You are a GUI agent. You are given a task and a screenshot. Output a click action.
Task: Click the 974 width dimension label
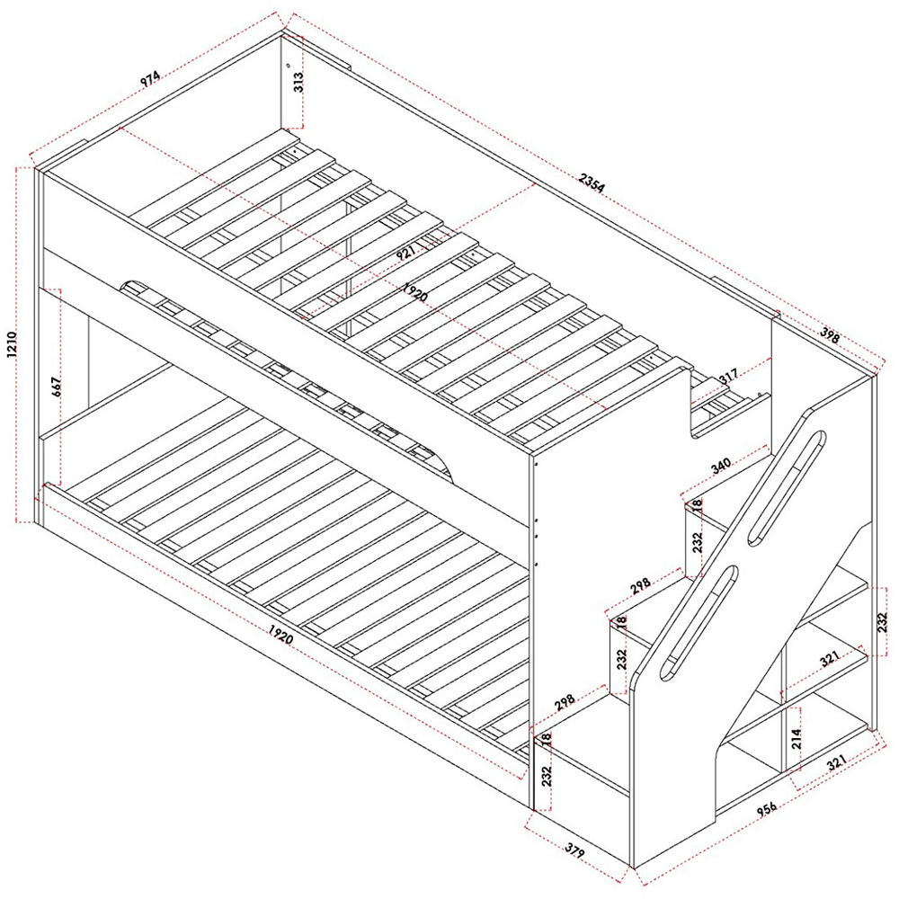pyautogui.click(x=150, y=79)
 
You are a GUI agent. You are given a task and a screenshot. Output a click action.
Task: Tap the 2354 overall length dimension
pyautogui.click(x=592, y=182)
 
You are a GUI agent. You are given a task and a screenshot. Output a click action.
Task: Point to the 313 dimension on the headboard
pyautogui.click(x=298, y=83)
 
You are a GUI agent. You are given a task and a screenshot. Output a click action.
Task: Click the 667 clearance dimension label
pyautogui.click(x=56, y=388)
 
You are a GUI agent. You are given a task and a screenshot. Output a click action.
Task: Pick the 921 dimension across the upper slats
pyautogui.click(x=406, y=251)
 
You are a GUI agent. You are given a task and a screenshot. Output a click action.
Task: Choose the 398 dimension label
pyautogui.click(x=829, y=335)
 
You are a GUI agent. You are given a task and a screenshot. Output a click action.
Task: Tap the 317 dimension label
pyautogui.click(x=728, y=377)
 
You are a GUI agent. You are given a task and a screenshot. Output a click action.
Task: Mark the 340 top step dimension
pyautogui.click(x=721, y=466)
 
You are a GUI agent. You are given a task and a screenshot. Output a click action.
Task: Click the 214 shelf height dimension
pyautogui.click(x=796, y=739)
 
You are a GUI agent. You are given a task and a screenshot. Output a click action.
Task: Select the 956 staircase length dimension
pyautogui.click(x=767, y=808)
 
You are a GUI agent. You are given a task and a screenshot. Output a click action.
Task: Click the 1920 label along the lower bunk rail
pyautogui.click(x=280, y=634)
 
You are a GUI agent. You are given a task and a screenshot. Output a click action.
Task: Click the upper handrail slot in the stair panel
pyautogui.click(x=787, y=488)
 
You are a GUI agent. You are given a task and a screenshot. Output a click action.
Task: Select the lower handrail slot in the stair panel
pyautogui.click(x=699, y=623)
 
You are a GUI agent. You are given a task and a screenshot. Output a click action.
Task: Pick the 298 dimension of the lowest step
pyautogui.click(x=565, y=701)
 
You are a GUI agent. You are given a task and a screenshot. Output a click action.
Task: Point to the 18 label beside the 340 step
pyautogui.click(x=698, y=505)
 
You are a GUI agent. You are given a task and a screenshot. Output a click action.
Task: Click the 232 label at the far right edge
pyautogui.click(x=883, y=623)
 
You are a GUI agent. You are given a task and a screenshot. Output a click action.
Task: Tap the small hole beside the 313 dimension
pyautogui.click(x=289, y=66)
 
